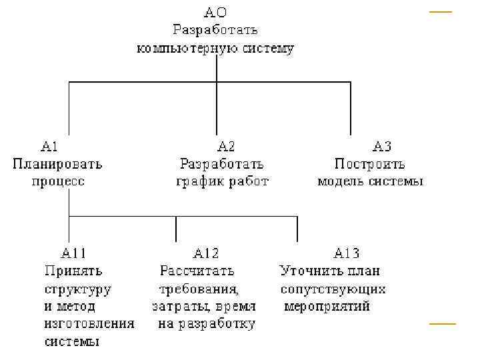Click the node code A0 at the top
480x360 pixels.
215,12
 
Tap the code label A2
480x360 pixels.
226,145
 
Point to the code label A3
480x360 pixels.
381,145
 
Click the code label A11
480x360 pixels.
73,253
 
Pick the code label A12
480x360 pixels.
205,253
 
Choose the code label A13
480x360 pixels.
346,253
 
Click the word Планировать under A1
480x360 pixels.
57,163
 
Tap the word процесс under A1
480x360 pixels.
58,181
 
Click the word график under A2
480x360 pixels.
198,181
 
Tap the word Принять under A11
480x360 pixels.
73,271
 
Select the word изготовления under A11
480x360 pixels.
89,325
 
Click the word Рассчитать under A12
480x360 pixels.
197,271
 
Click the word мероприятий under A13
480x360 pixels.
327,307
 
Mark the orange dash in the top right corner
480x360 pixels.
440,12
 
